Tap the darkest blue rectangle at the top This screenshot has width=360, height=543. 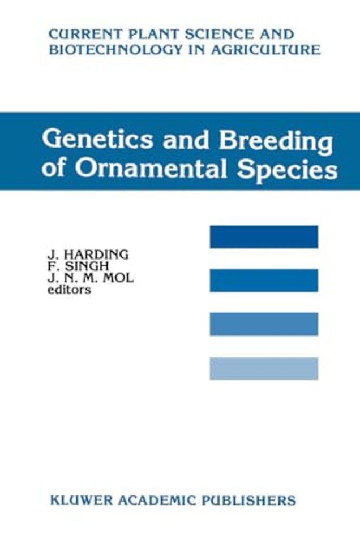pos(264,237)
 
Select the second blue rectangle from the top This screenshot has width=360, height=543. pos(264,281)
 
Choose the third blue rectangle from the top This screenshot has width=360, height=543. pos(264,324)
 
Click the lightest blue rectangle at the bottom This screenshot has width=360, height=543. pos(264,368)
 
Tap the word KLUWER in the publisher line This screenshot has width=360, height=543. pos(78,500)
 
